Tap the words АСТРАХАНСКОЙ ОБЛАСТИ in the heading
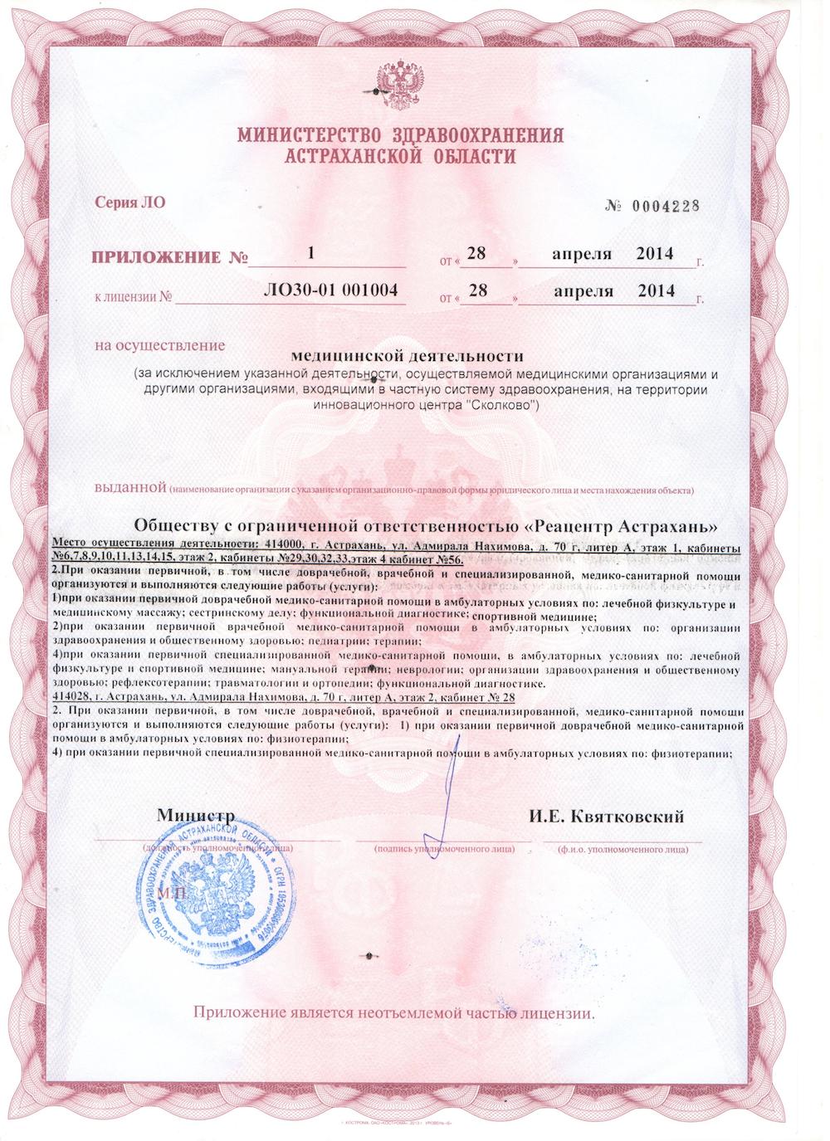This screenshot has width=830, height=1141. tap(399, 157)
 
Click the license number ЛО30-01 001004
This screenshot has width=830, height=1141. tap(330, 290)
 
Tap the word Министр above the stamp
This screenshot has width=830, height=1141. tap(196, 817)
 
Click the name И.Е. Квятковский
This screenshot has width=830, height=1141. tap(606, 817)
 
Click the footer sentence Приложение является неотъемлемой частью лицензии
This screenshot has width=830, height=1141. tap(394, 1013)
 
